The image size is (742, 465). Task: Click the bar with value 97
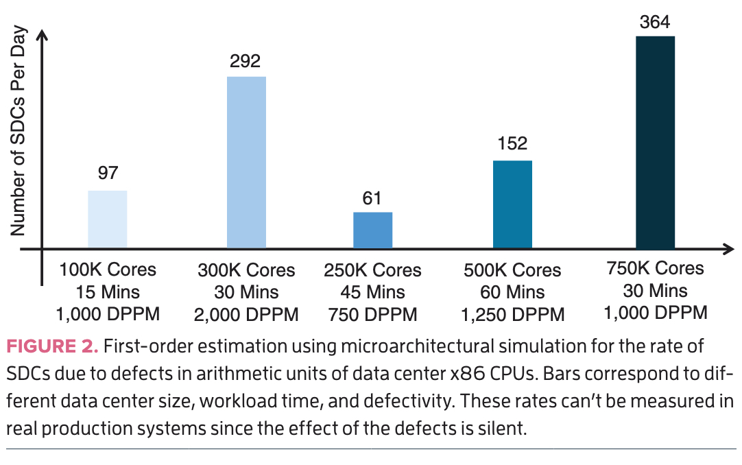108,219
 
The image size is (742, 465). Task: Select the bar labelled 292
246,162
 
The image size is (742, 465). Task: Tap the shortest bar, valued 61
372,230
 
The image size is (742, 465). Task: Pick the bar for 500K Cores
512,204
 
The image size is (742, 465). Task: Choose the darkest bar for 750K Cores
656,142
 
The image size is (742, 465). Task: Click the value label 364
656,22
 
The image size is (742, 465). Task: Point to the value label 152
512,143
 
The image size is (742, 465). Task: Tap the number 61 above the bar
372,198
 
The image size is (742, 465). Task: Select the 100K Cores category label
108,270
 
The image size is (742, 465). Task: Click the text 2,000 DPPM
246,315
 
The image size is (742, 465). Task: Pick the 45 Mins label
372,292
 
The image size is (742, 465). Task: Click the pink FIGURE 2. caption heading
53,346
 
